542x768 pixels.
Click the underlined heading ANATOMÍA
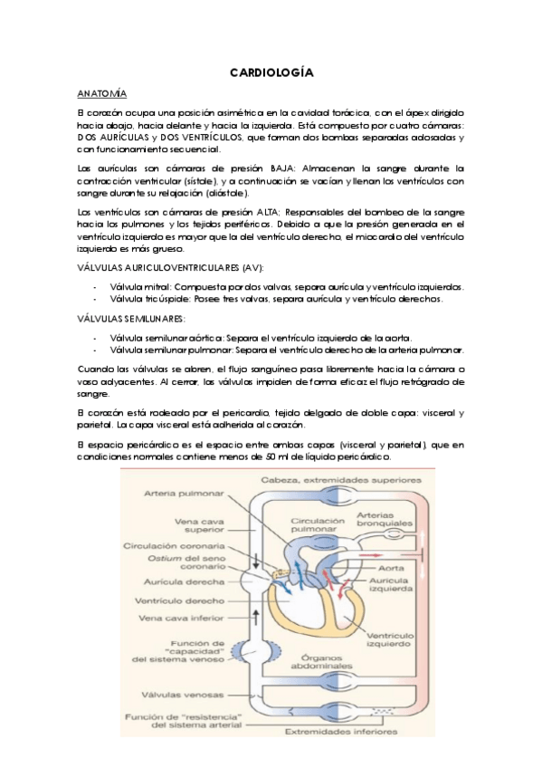click(102, 93)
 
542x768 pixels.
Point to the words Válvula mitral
click(139, 286)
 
